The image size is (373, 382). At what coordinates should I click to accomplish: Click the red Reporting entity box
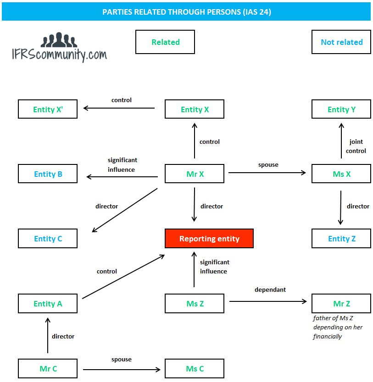(x=209, y=239)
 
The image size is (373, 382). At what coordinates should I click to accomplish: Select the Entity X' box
(x=48, y=109)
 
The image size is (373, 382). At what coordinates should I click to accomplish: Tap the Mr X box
(x=195, y=174)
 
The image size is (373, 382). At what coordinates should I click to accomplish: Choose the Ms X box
(x=341, y=174)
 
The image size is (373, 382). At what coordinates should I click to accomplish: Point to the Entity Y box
(x=341, y=109)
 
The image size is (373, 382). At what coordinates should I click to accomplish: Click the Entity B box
(x=48, y=174)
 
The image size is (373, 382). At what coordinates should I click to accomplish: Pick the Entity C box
(x=48, y=239)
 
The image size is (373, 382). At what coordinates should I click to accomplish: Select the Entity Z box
(x=341, y=239)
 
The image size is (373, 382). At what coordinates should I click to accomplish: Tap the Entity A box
(x=48, y=304)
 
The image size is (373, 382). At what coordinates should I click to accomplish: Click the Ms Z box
(x=195, y=304)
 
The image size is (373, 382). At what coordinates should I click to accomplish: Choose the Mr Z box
(x=341, y=304)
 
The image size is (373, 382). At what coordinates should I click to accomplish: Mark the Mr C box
(x=48, y=369)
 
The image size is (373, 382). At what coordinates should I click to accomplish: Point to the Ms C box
(x=195, y=369)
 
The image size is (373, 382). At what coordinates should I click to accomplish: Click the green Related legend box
(x=165, y=42)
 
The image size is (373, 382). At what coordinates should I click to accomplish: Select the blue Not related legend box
(x=341, y=42)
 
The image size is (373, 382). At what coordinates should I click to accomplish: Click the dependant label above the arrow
(x=270, y=289)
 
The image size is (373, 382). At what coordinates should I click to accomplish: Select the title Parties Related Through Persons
(x=186, y=12)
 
